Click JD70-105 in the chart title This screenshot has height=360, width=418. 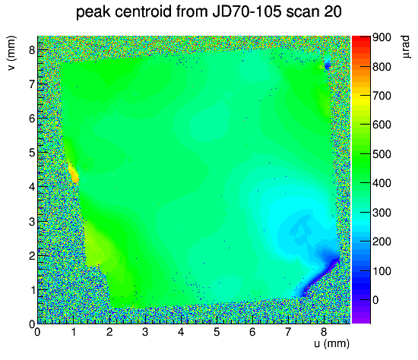(247, 11)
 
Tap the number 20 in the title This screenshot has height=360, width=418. (331, 11)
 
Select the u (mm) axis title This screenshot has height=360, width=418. (331, 343)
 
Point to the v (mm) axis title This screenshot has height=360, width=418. (11, 53)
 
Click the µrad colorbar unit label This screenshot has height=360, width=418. (406, 47)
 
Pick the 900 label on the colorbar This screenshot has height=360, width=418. (382, 37)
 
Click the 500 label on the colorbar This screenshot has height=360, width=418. (382, 154)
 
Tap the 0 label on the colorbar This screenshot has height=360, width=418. (375, 300)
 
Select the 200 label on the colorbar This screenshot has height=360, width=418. (382, 242)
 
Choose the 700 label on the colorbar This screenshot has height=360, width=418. (382, 96)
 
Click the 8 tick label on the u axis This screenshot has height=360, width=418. (324, 332)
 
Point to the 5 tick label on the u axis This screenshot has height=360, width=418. (216, 332)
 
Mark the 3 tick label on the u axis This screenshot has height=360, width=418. (144, 332)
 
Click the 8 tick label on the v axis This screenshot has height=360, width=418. (32, 50)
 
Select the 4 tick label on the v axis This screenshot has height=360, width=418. (32, 187)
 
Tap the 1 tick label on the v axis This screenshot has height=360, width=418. (33, 290)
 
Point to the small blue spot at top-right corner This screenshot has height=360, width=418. (327, 65)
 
